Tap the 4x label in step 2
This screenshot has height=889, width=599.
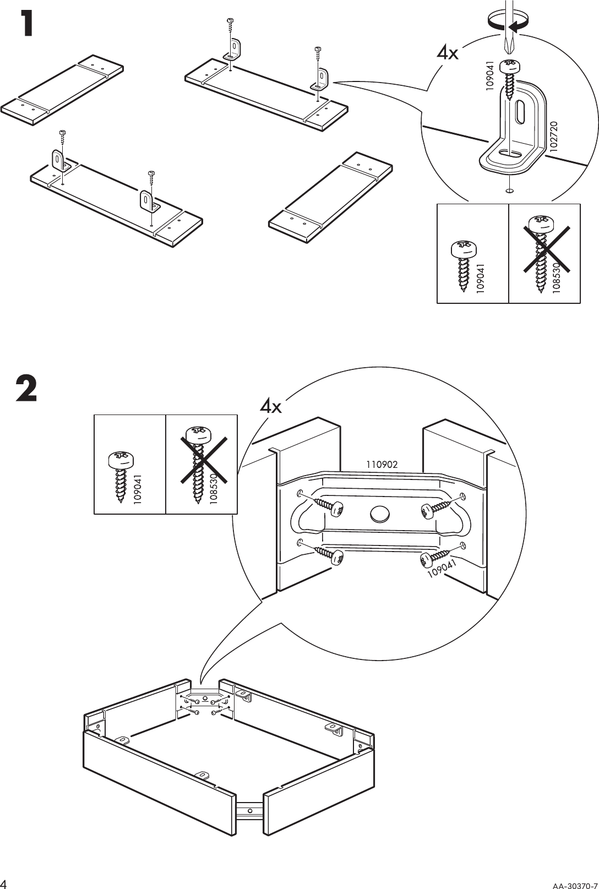271,407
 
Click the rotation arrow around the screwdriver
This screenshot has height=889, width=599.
510,25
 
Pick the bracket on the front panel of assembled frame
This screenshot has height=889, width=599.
204,775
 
